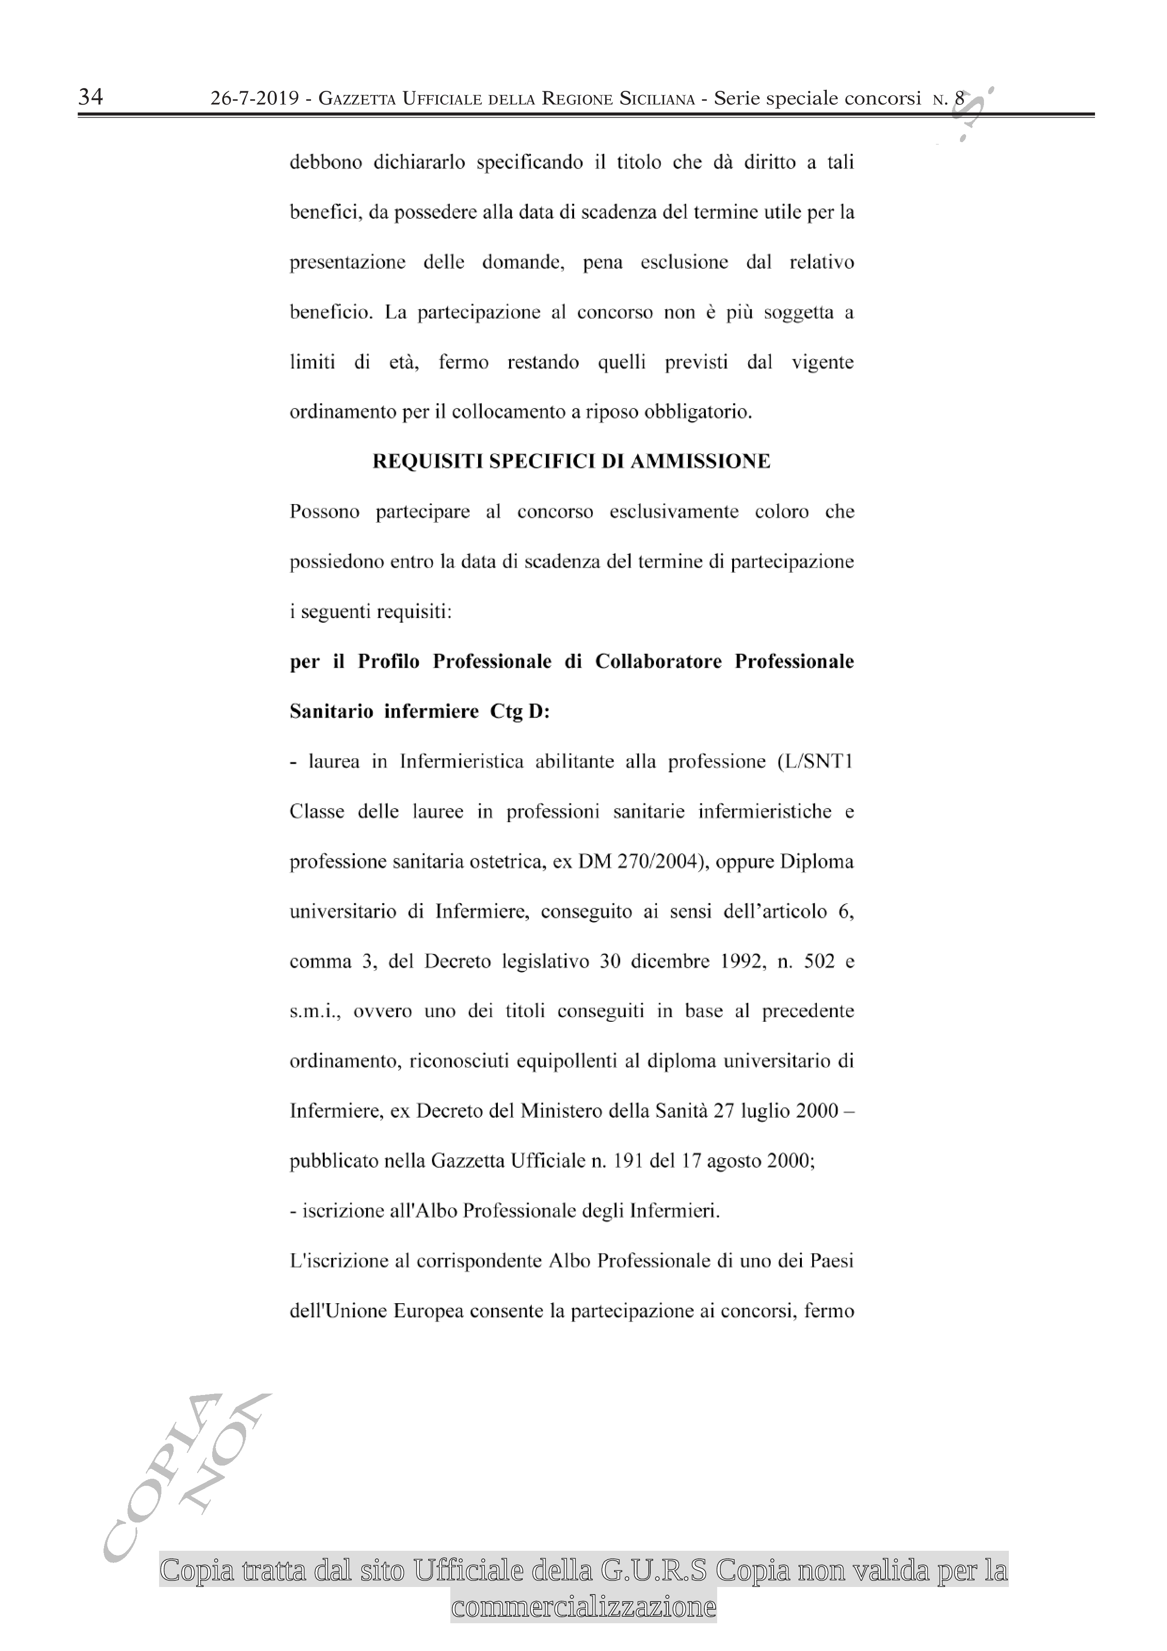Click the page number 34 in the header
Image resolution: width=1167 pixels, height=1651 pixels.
tap(91, 96)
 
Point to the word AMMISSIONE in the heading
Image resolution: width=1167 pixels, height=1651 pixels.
tap(700, 462)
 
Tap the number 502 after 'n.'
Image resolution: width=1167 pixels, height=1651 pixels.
tap(819, 962)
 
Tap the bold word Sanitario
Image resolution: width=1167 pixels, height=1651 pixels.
tap(331, 712)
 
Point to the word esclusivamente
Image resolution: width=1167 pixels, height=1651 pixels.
tap(674, 512)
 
